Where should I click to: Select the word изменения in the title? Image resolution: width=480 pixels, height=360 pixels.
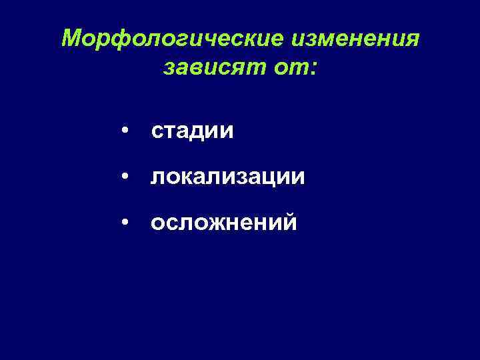(x=355, y=39)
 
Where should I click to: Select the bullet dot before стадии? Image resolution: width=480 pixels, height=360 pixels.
(x=125, y=131)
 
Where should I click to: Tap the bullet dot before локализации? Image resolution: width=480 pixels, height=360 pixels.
(x=125, y=177)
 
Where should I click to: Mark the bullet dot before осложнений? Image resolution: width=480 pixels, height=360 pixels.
(x=125, y=223)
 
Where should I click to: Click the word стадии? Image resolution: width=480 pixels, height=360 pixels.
(x=192, y=131)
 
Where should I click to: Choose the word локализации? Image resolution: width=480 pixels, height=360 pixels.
(x=227, y=177)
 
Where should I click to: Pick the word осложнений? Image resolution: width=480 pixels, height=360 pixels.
(x=223, y=223)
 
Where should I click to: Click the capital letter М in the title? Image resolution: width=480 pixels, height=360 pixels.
(x=72, y=39)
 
